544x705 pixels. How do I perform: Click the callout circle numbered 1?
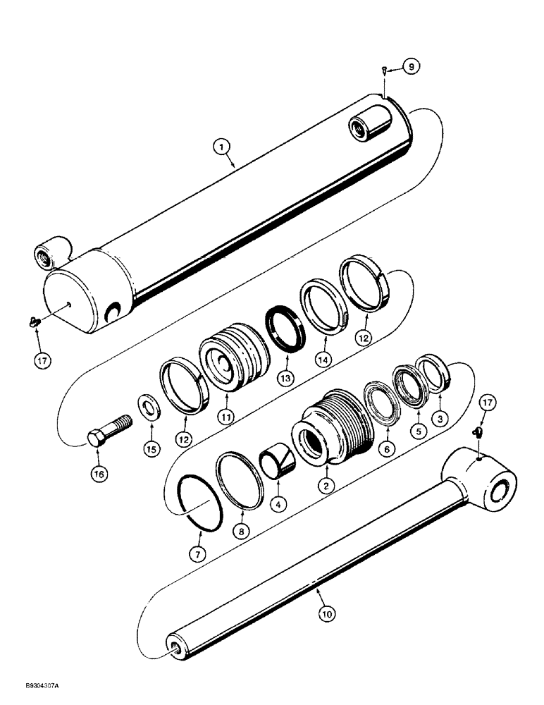[221, 147]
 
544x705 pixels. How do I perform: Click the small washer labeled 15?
[149, 408]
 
